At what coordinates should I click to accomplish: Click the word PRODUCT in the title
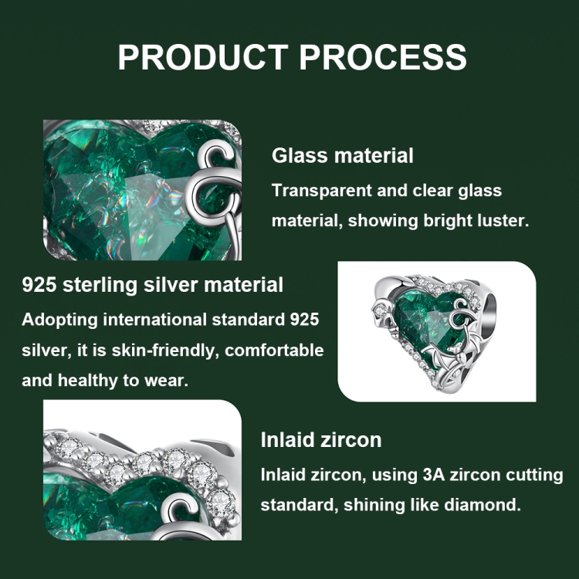(203, 57)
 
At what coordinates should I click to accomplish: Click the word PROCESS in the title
(383, 57)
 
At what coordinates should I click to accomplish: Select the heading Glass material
(342, 155)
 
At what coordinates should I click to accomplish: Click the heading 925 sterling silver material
(153, 285)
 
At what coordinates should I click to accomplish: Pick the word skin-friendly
(163, 350)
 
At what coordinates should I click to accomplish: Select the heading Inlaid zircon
(321, 440)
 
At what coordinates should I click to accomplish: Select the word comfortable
(274, 350)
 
